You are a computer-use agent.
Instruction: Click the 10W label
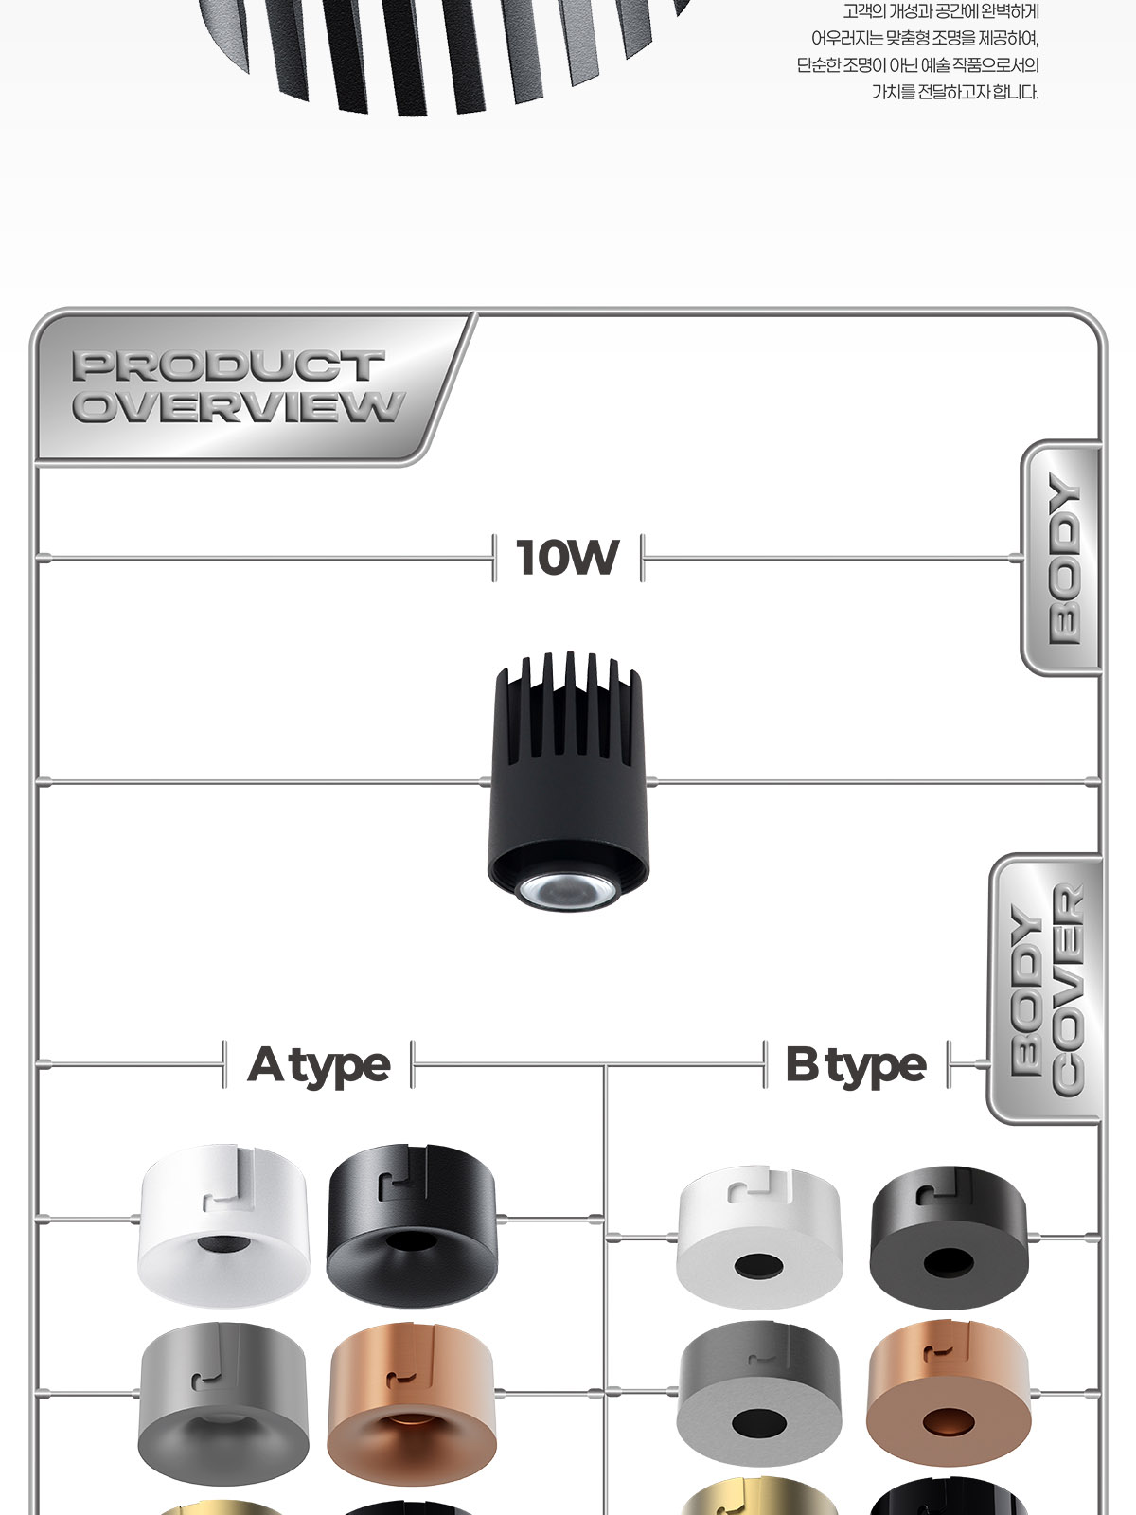pos(567,557)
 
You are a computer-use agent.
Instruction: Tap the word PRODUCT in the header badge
pos(228,365)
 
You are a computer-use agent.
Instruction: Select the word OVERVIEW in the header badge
pos(239,406)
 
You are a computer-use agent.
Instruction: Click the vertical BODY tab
pos(1062,558)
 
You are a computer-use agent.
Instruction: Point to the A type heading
pos(319,1065)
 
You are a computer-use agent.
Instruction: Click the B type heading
pos(856,1065)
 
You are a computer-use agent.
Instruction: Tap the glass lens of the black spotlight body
pos(567,892)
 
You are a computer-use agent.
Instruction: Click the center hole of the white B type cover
pos(758,1266)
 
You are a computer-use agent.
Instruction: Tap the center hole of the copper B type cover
pos(949,1423)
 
